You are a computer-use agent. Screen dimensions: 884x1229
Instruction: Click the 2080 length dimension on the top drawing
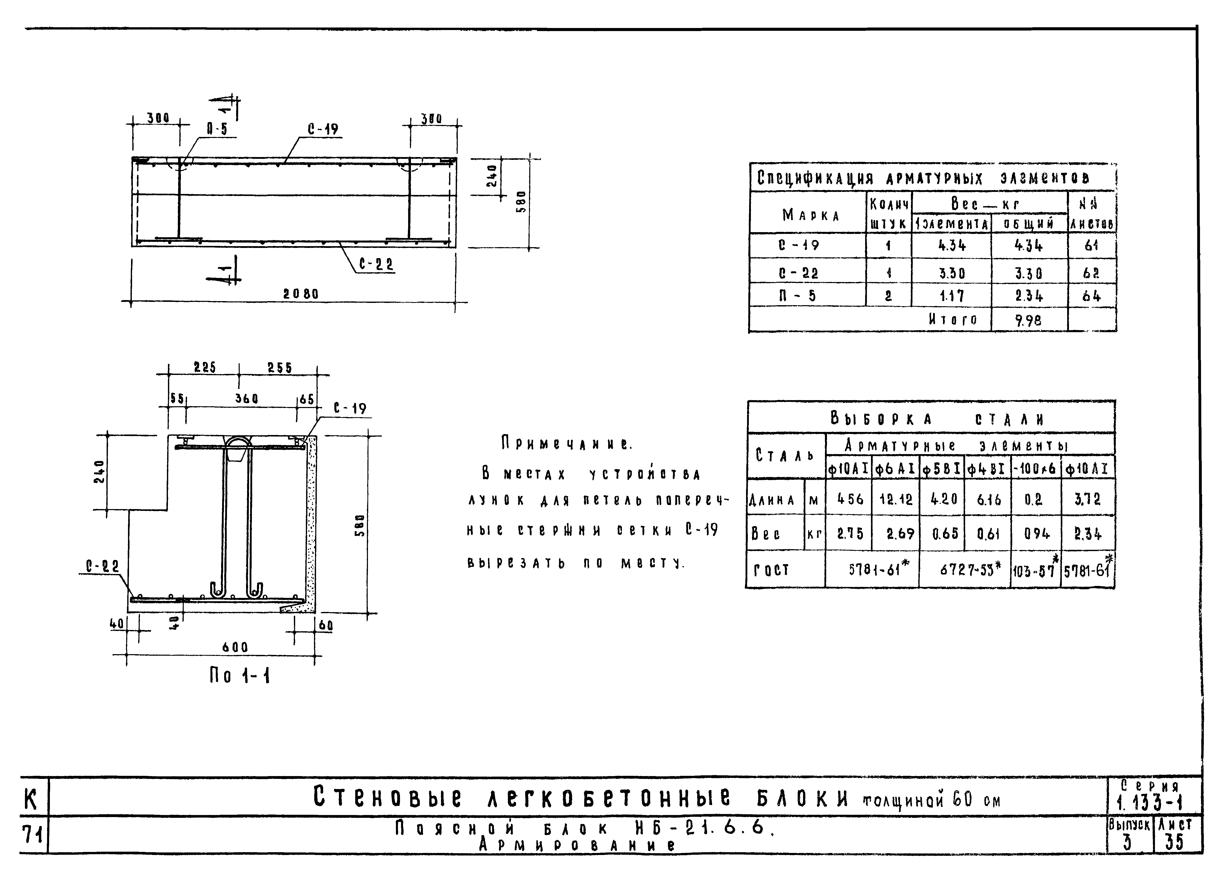pos(301,294)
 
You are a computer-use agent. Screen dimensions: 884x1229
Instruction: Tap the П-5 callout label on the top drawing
pos(217,129)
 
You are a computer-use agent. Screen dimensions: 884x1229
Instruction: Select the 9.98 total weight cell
pos(1028,320)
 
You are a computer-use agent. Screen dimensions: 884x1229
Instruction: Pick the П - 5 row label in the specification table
pos(797,296)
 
